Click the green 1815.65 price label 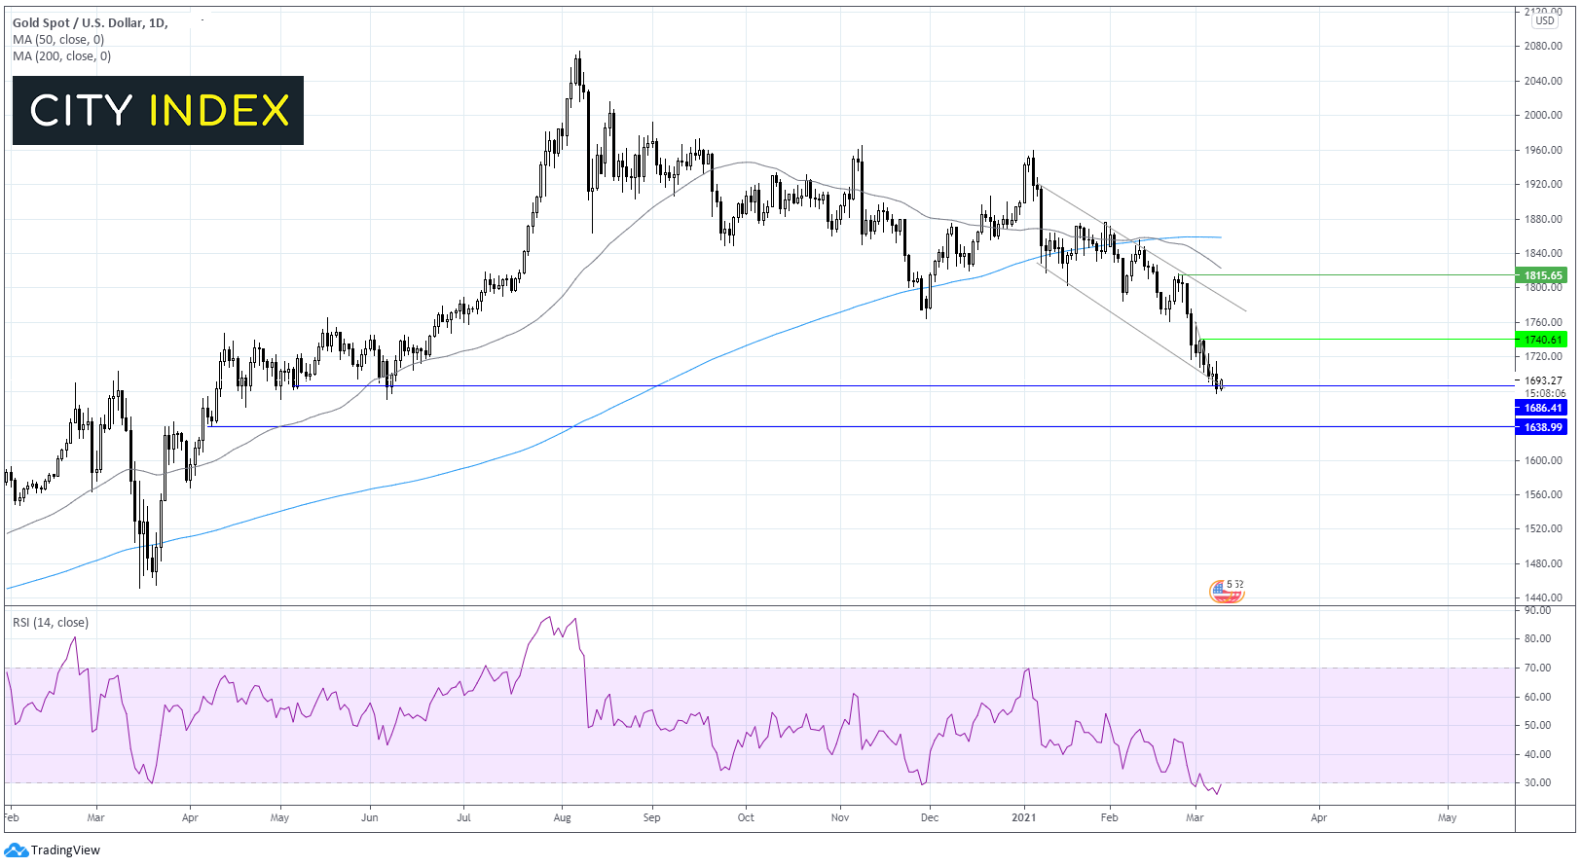coord(1542,275)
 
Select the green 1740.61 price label coord(1542,340)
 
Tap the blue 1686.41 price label coord(1542,409)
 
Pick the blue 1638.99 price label coord(1542,427)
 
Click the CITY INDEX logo coord(158,111)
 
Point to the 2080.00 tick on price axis coord(1543,46)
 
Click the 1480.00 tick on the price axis coord(1543,563)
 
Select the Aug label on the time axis coord(562,817)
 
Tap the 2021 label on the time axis coord(1023,817)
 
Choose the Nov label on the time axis coord(840,817)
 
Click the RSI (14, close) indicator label coord(51,623)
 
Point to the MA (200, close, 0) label coord(62,56)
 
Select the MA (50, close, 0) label coord(58,40)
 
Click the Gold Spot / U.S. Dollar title coord(90,22)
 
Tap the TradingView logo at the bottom coord(53,850)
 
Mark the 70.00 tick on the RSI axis coord(1538,668)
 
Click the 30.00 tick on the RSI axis coord(1538,782)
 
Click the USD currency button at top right coord(1545,20)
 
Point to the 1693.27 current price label coord(1543,380)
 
